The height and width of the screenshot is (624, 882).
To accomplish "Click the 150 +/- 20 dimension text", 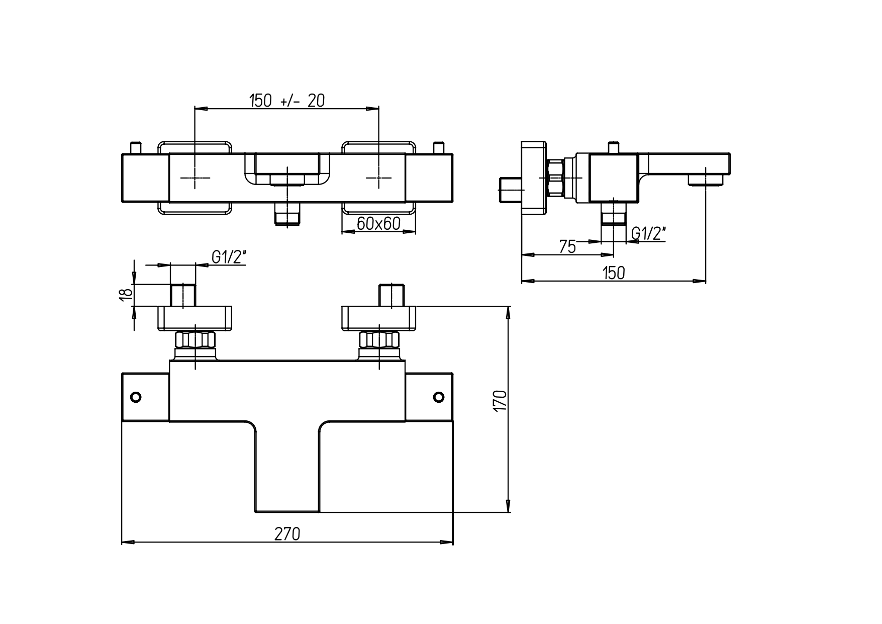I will tap(287, 101).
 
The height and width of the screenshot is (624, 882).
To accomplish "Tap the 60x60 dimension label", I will tap(378, 223).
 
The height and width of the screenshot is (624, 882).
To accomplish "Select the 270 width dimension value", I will tap(287, 534).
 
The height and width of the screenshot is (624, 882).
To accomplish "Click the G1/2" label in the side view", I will tap(648, 233).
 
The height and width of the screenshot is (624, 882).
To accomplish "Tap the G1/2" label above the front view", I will tap(229, 257).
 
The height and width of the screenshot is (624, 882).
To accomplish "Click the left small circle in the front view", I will tap(136, 397).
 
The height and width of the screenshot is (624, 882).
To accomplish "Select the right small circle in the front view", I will tap(439, 397).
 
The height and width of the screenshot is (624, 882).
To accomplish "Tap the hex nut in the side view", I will tap(555, 178).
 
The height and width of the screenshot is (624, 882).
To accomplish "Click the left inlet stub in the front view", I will tap(183, 296).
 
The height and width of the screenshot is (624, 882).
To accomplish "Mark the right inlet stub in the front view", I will tap(391, 296).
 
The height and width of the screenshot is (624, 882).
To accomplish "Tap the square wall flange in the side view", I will tap(534, 178).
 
